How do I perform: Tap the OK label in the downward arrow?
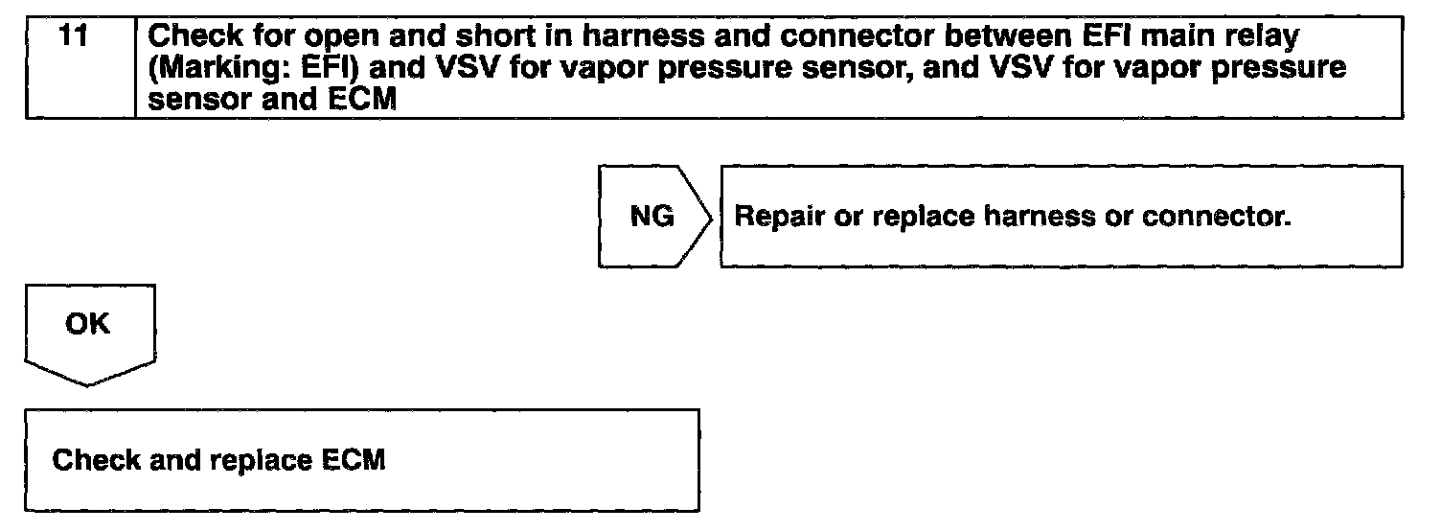click(88, 324)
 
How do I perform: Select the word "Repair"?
click(775, 217)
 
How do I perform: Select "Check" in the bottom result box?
click(92, 461)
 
